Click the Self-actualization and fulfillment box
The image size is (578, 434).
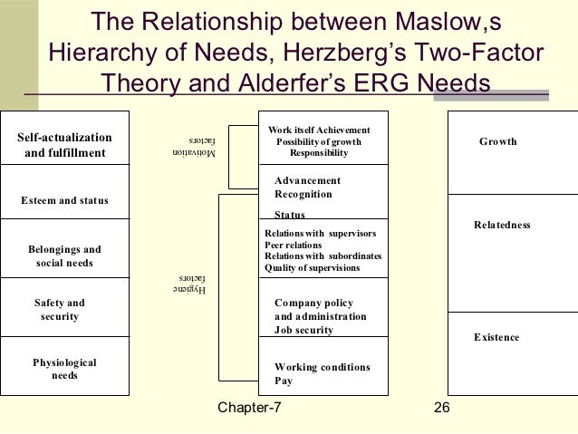coord(64,145)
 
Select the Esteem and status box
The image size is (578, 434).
coord(64,199)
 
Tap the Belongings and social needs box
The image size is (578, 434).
coord(64,256)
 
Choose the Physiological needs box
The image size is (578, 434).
coord(64,369)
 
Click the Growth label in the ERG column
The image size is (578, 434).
coord(497,141)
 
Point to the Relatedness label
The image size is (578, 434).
coord(502,224)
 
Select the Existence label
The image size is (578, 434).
coord(496,337)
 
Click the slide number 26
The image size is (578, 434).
coord(442,409)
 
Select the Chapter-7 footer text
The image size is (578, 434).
coord(249,409)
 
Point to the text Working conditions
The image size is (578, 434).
coord(322,367)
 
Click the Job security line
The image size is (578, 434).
coord(303,330)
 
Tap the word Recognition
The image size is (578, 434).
coord(303,194)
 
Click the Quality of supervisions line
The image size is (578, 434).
coord(312,267)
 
